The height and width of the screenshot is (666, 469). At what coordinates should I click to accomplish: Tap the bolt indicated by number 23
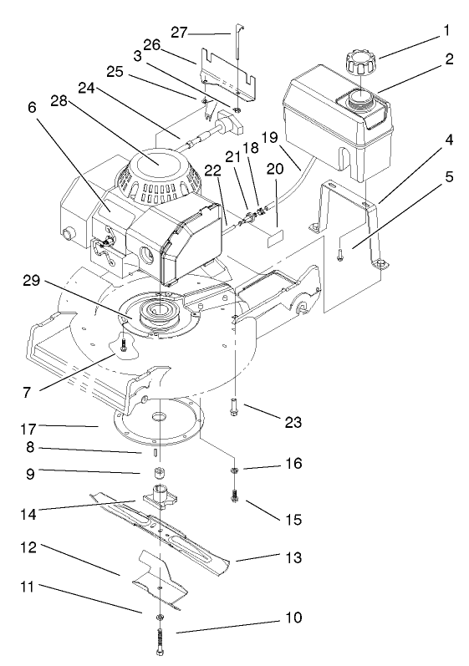point(234,407)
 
